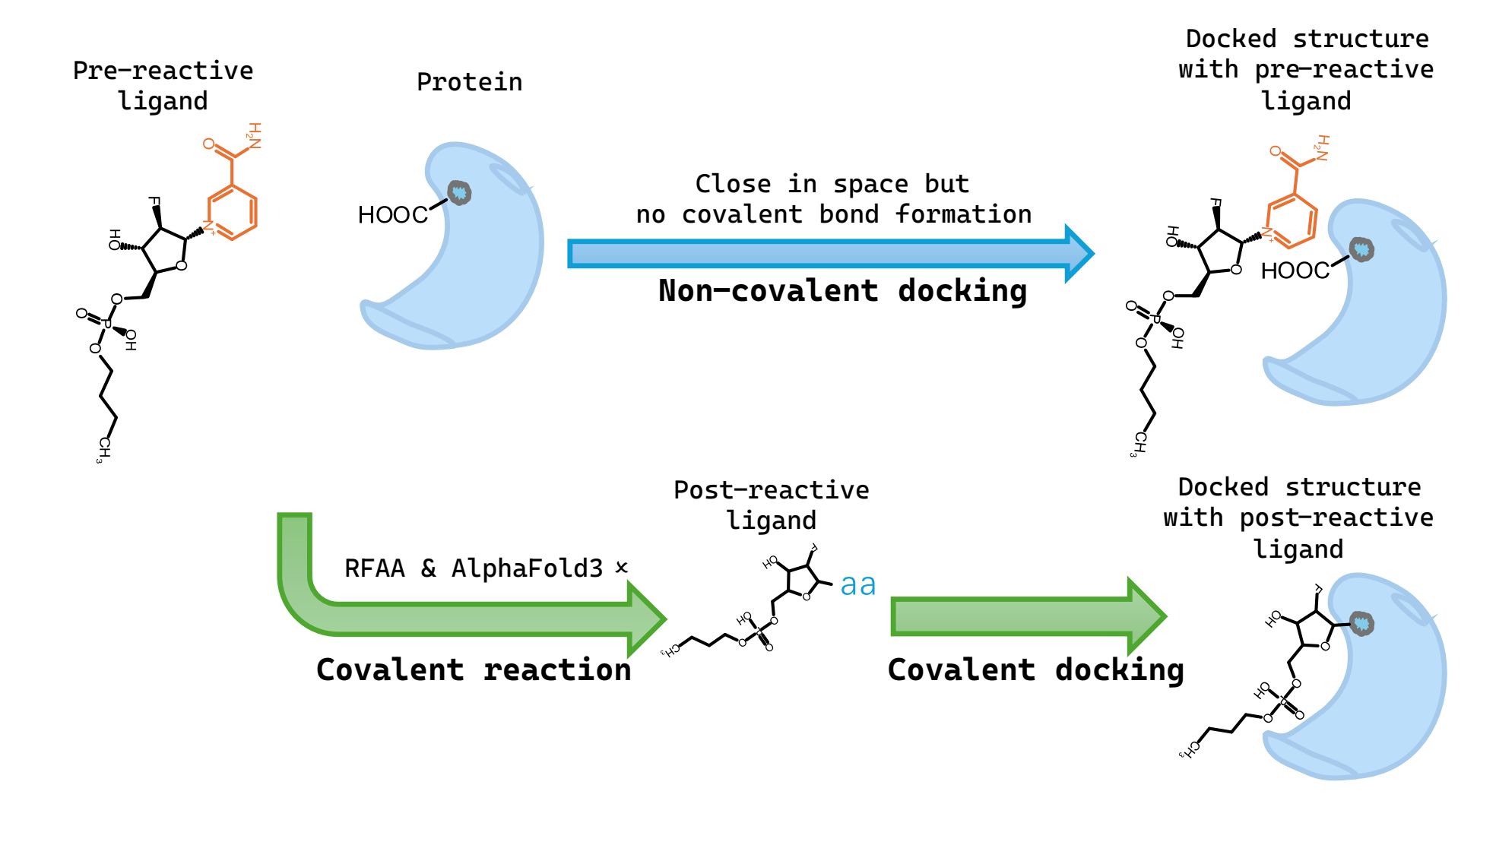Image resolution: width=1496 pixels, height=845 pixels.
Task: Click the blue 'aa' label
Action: tap(858, 584)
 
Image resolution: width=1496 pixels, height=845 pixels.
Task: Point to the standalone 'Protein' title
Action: tap(469, 81)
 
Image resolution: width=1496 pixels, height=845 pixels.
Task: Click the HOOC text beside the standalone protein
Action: tap(392, 215)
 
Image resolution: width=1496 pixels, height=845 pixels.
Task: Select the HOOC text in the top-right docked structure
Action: tap(1295, 271)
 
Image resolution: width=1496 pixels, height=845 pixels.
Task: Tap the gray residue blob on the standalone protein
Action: tap(459, 192)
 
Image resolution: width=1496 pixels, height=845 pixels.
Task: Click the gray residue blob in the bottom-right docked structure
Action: tap(1361, 624)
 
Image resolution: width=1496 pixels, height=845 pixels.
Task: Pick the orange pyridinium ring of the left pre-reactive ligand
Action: tap(232, 212)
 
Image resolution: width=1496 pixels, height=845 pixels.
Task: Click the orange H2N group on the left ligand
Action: tap(254, 135)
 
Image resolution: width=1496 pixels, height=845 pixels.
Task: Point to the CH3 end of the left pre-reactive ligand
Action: tap(103, 450)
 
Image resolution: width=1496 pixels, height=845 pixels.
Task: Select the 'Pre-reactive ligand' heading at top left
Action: tap(163, 85)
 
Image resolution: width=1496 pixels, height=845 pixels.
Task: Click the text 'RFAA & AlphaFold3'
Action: tap(474, 568)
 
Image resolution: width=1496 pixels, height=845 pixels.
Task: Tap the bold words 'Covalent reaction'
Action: tap(474, 669)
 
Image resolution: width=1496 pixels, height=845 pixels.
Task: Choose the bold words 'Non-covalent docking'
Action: tap(842, 291)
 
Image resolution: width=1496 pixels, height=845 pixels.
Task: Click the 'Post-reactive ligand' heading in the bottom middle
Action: tap(772, 505)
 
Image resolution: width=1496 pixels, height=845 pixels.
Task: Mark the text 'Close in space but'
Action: tap(832, 184)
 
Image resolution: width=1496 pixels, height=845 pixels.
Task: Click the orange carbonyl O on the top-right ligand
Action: tap(1276, 151)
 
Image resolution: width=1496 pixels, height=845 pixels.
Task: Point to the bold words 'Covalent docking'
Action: tap(1035, 670)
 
